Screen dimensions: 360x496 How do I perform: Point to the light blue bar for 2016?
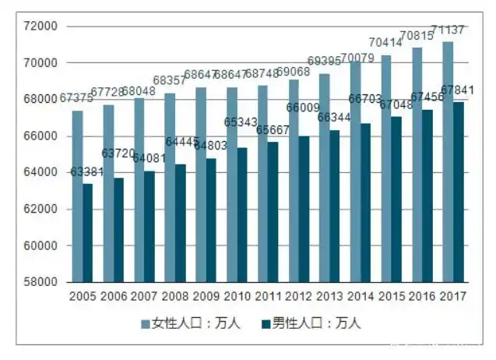click(x=417, y=164)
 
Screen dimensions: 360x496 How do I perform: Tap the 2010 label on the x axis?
click(x=237, y=297)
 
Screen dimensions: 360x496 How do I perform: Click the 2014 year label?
click(x=361, y=297)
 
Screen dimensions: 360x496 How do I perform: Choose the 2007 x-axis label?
click(x=144, y=297)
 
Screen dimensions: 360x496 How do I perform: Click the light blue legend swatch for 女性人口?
click(x=145, y=323)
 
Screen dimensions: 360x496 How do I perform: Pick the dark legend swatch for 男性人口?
click(x=266, y=323)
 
